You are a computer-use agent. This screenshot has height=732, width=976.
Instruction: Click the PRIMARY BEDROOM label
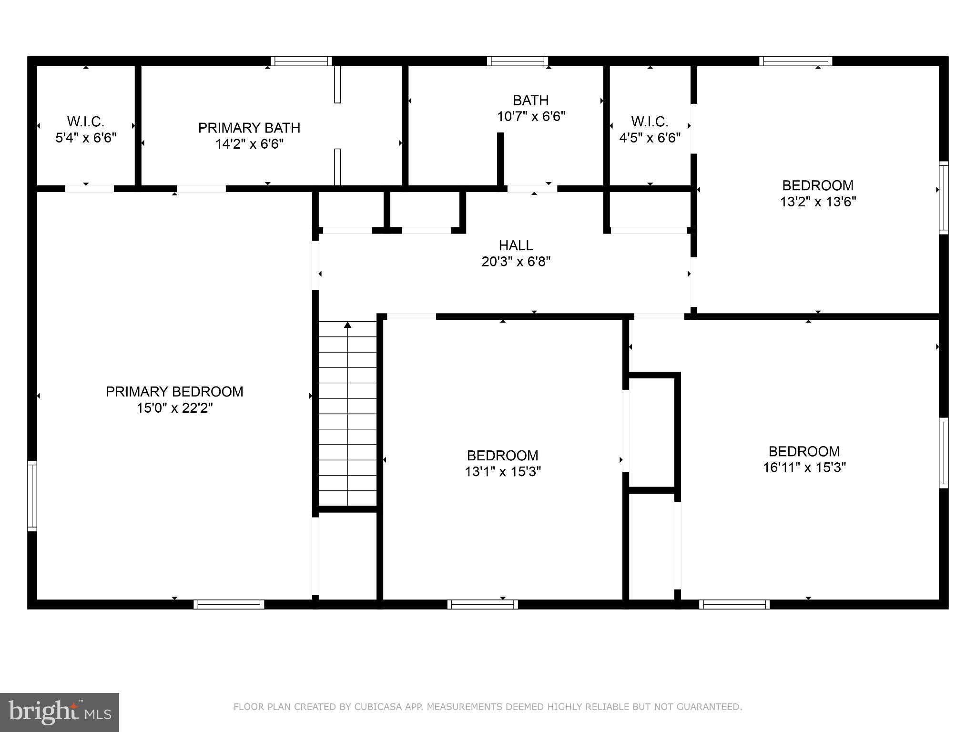[174, 392]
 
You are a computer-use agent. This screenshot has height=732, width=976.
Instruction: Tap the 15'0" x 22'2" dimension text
[174, 408]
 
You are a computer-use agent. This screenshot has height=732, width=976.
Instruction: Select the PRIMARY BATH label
[249, 128]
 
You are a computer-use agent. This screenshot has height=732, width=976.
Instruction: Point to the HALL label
[516, 245]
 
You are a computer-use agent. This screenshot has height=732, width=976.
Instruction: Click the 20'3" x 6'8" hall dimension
[516, 262]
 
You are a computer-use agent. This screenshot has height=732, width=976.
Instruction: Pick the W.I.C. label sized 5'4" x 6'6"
[86, 122]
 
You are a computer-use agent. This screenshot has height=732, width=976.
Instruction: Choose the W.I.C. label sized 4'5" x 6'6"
[650, 122]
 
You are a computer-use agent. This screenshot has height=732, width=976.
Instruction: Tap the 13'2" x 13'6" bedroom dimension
[818, 202]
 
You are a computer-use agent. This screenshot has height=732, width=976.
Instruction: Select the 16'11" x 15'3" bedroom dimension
[804, 468]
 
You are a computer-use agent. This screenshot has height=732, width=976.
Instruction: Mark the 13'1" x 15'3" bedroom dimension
[503, 472]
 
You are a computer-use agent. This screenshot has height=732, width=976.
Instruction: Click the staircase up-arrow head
[348, 325]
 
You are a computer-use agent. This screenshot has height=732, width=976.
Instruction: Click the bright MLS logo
[60, 712]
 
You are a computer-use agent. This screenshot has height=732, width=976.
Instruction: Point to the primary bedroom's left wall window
[32, 496]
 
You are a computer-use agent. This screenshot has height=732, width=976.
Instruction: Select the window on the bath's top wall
[518, 61]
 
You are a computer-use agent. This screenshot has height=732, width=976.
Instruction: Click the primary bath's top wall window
[301, 61]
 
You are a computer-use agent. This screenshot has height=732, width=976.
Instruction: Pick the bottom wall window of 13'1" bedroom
[483, 604]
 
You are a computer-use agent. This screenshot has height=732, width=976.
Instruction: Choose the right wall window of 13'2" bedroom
[943, 198]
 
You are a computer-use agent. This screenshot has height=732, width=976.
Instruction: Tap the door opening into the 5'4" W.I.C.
[89, 189]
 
